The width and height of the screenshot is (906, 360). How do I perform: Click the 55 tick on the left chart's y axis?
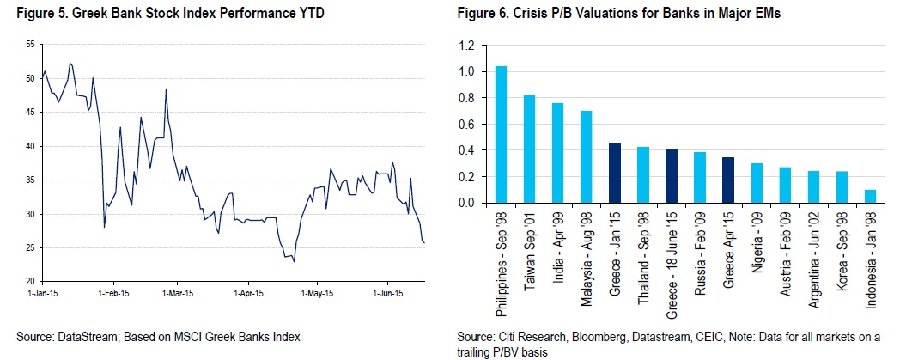[31, 44]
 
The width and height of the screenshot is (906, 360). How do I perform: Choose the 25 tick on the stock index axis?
[31, 247]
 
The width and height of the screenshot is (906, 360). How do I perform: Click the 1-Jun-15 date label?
[386, 292]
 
